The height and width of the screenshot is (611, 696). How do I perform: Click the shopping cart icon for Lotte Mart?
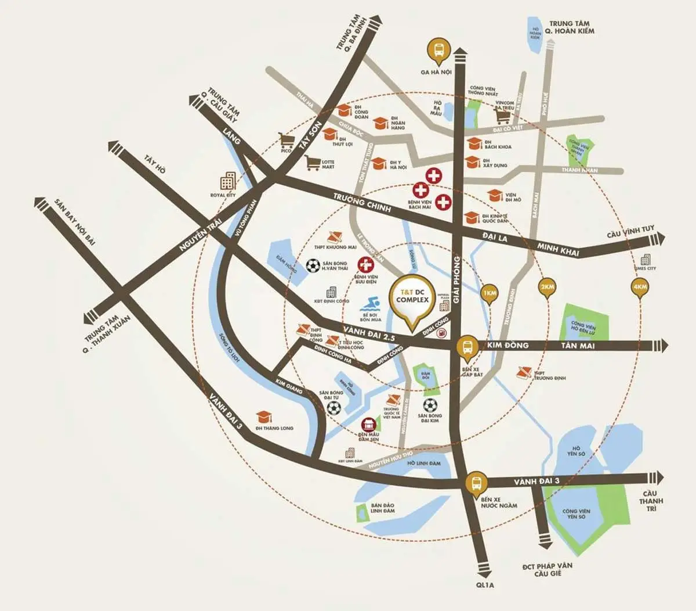point(314,164)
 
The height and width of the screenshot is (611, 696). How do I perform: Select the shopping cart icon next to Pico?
point(285,139)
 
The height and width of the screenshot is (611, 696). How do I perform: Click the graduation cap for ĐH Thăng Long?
point(264,416)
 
